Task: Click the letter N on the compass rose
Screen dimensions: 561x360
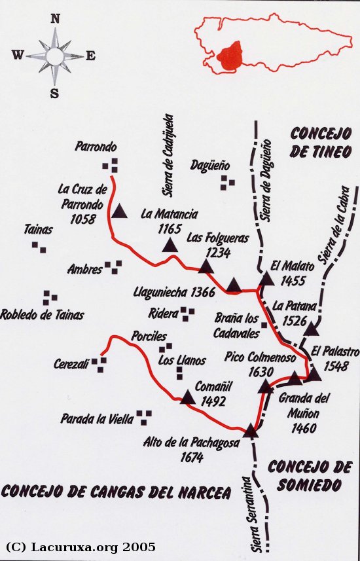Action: coord(56,19)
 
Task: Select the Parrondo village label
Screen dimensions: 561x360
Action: coord(96,146)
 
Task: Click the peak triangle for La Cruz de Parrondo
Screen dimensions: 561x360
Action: coord(119,211)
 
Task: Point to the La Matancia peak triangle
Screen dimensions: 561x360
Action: coord(170,245)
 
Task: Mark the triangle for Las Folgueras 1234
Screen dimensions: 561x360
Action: coord(206,266)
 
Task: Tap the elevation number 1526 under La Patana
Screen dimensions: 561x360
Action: coord(297,320)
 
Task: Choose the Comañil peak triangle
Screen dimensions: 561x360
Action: coord(188,397)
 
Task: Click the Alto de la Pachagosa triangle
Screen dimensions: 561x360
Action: coord(250,431)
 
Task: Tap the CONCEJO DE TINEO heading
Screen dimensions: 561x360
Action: coord(321,143)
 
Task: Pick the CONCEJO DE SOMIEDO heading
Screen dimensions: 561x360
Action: coord(310,476)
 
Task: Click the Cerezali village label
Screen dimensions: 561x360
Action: coord(71,364)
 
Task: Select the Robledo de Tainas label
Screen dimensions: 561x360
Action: coord(43,315)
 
